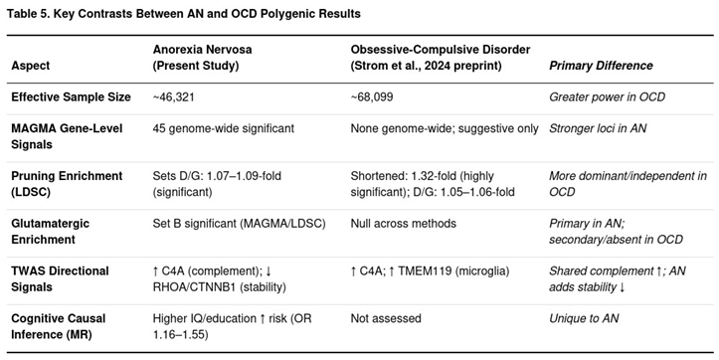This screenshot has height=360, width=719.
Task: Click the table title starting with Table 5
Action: (x=185, y=14)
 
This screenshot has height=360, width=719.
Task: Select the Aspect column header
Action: (x=31, y=66)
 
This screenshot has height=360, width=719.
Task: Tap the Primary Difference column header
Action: (x=601, y=66)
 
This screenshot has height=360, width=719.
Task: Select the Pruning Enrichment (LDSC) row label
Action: (x=67, y=184)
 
